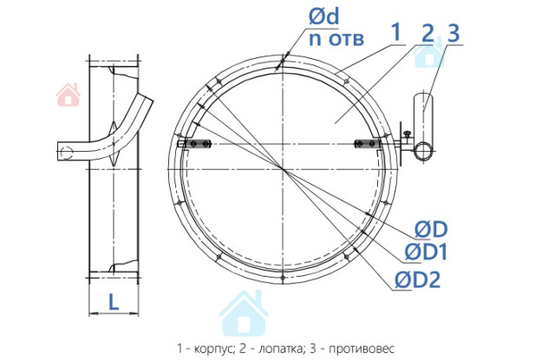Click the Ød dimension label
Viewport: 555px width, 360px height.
pos(323,16)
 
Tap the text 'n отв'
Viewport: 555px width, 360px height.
pos(336,38)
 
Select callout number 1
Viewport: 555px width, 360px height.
pos(396,32)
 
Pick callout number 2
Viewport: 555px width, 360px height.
pos(428,33)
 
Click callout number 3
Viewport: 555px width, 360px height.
pos(454,33)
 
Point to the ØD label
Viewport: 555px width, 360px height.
pos(431,229)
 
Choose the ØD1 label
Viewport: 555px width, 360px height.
pos(426,252)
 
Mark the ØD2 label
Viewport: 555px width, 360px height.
pos(418,279)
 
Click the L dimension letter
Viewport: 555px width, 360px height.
pos(114,303)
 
